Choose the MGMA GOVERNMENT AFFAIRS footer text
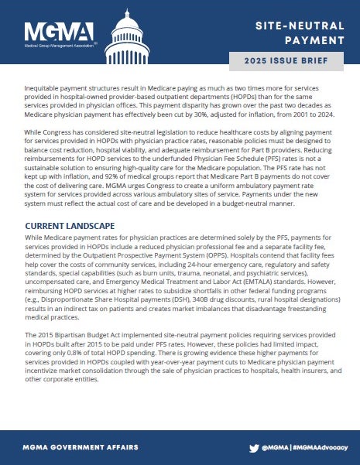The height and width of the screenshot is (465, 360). (81, 447)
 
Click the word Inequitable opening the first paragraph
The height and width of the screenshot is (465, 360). (46, 91)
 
